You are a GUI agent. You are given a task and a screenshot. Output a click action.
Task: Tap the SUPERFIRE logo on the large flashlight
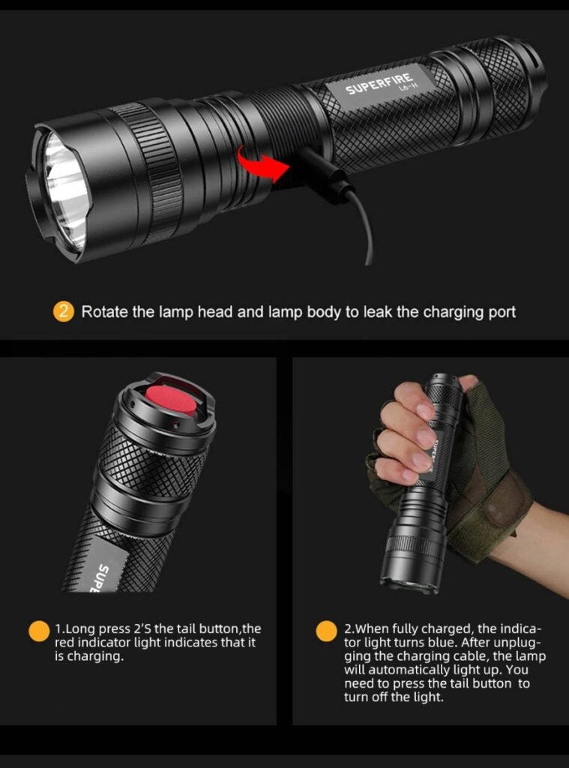pos(379,84)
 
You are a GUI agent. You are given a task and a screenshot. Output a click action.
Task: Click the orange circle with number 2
pos(63,312)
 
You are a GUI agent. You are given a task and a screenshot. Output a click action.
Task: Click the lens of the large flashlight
pos(67,193)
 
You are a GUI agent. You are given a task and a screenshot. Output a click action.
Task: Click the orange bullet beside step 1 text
pos(39,631)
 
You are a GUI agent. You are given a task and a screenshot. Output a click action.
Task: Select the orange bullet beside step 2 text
pos(326,631)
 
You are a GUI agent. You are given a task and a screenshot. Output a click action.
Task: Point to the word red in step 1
pos(64,642)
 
